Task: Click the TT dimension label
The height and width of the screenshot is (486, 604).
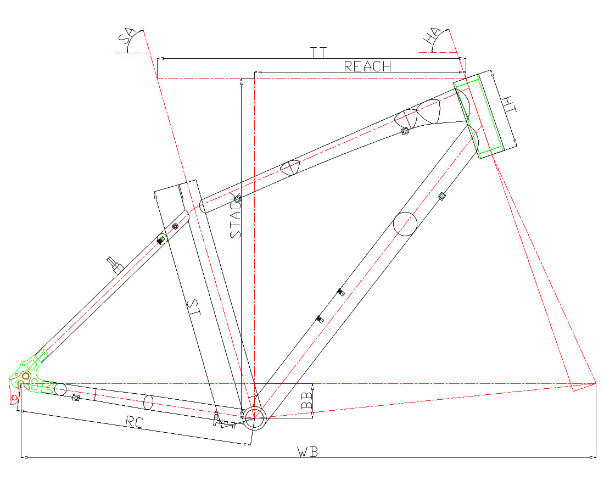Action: pyautogui.click(x=318, y=52)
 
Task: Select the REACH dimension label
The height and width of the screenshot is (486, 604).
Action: pyautogui.click(x=367, y=66)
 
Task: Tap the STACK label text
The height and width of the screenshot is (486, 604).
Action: pyautogui.click(x=236, y=216)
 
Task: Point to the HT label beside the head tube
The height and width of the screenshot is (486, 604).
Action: pyautogui.click(x=509, y=104)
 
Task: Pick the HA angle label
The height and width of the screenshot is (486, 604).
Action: pyautogui.click(x=431, y=36)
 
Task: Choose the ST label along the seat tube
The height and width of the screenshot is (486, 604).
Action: pyautogui.click(x=194, y=308)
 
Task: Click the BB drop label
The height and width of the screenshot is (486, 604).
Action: pyautogui.click(x=307, y=400)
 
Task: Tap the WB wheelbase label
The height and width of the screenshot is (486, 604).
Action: pyautogui.click(x=307, y=452)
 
